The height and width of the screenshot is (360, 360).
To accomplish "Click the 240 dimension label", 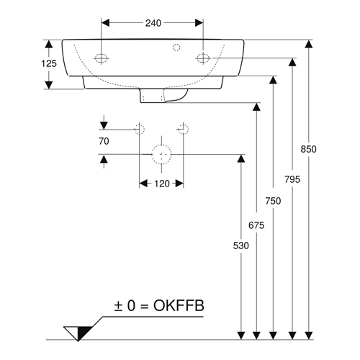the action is coord(153,23).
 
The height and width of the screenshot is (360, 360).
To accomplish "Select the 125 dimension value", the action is coord(49,63).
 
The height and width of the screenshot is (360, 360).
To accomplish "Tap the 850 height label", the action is coord(309,149).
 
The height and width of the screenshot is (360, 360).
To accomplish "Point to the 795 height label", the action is coord(292,179).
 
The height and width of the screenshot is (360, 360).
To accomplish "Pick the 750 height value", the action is coord(273,201).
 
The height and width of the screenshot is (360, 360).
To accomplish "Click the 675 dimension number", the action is coord(256,225).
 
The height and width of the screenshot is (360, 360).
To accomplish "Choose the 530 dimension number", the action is coord(241,246).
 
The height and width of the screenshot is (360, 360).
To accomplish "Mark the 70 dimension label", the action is coord(104,141).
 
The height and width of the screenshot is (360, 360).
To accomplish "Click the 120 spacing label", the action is coord(162,184).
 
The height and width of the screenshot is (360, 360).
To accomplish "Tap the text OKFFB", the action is coord(179,305).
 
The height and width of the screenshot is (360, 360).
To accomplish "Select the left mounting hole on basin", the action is coord(101,58).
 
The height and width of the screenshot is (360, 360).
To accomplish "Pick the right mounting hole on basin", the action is coord(203,58).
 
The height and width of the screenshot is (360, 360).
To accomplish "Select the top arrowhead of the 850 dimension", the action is coord(309,44).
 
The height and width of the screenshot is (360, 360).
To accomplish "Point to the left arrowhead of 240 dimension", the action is coord(105,23).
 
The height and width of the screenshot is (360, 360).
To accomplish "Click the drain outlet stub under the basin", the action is coord(163,96).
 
